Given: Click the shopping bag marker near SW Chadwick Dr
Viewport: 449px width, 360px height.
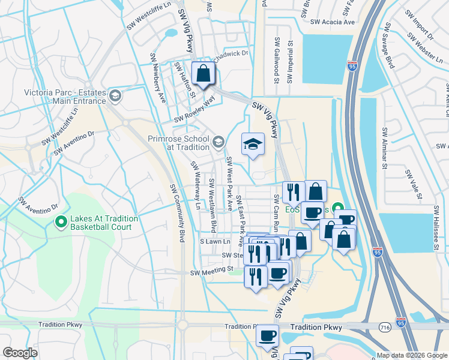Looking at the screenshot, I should [203, 74].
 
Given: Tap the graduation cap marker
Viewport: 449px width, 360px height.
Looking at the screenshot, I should [253, 144].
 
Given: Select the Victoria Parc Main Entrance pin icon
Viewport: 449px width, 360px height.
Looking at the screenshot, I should [115, 95].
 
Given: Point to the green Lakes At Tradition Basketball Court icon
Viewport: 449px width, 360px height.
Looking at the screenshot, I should [61, 223].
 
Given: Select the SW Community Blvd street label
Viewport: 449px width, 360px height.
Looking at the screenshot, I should [177, 212].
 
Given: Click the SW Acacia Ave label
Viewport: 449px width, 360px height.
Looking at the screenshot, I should [333, 22].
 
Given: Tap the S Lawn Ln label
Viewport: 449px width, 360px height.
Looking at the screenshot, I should [215, 241].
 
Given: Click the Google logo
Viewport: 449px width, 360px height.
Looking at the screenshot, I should [20, 353].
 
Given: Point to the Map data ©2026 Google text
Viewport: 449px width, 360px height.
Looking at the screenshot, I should [412, 355].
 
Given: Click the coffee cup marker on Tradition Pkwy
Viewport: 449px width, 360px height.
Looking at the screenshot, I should [267, 336].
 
